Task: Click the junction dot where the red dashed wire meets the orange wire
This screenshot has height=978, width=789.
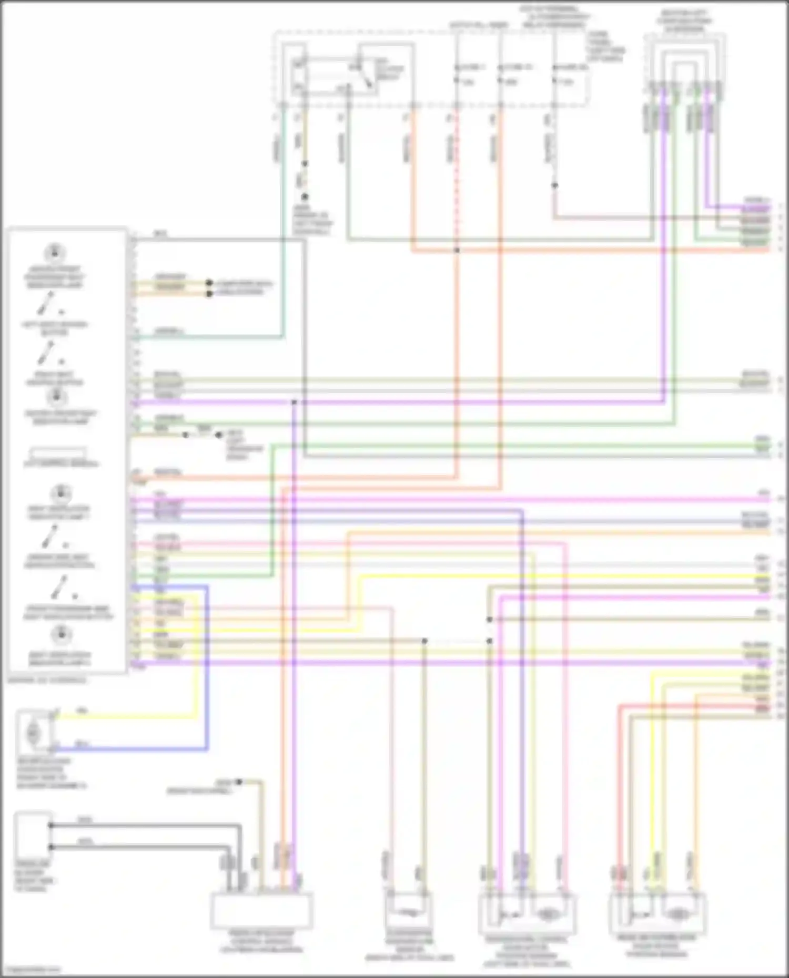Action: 457,250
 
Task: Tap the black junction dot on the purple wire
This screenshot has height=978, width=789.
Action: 294,403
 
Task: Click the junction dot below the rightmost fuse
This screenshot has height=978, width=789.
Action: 554,185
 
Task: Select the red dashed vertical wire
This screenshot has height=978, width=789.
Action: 456,173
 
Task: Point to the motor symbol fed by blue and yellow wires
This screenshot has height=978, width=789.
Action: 33,732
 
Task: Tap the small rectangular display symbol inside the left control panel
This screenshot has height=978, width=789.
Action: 58,452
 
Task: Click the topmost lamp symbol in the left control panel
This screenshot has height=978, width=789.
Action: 54,253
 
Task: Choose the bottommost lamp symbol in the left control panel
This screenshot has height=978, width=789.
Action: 61,635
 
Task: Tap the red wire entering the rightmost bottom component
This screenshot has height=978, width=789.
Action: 620,788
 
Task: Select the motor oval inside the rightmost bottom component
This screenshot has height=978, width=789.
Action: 678,915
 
